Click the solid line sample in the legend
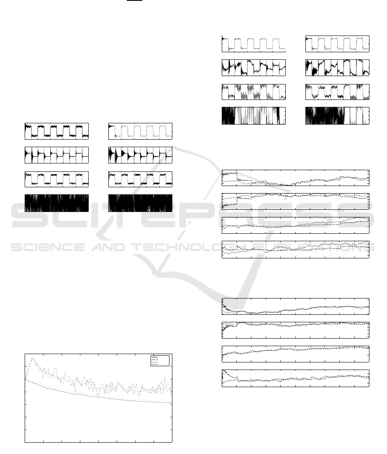(x=155, y=357)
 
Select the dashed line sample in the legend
(x=155, y=360)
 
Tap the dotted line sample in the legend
(x=155, y=362)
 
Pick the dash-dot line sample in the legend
(x=155, y=364)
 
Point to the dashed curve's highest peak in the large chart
(x=32, y=358)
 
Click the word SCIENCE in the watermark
(x=48, y=247)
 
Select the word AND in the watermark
(x=108, y=247)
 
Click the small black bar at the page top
(x=134, y=0)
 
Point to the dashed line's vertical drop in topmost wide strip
(x=237, y=176)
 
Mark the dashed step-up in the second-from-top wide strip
(x=237, y=201)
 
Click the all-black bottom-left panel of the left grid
(x=57, y=203)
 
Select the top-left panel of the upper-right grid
(x=254, y=44)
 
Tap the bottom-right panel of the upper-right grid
(x=338, y=116)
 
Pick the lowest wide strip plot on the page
(x=295, y=378)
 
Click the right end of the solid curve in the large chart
(x=172, y=403)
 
